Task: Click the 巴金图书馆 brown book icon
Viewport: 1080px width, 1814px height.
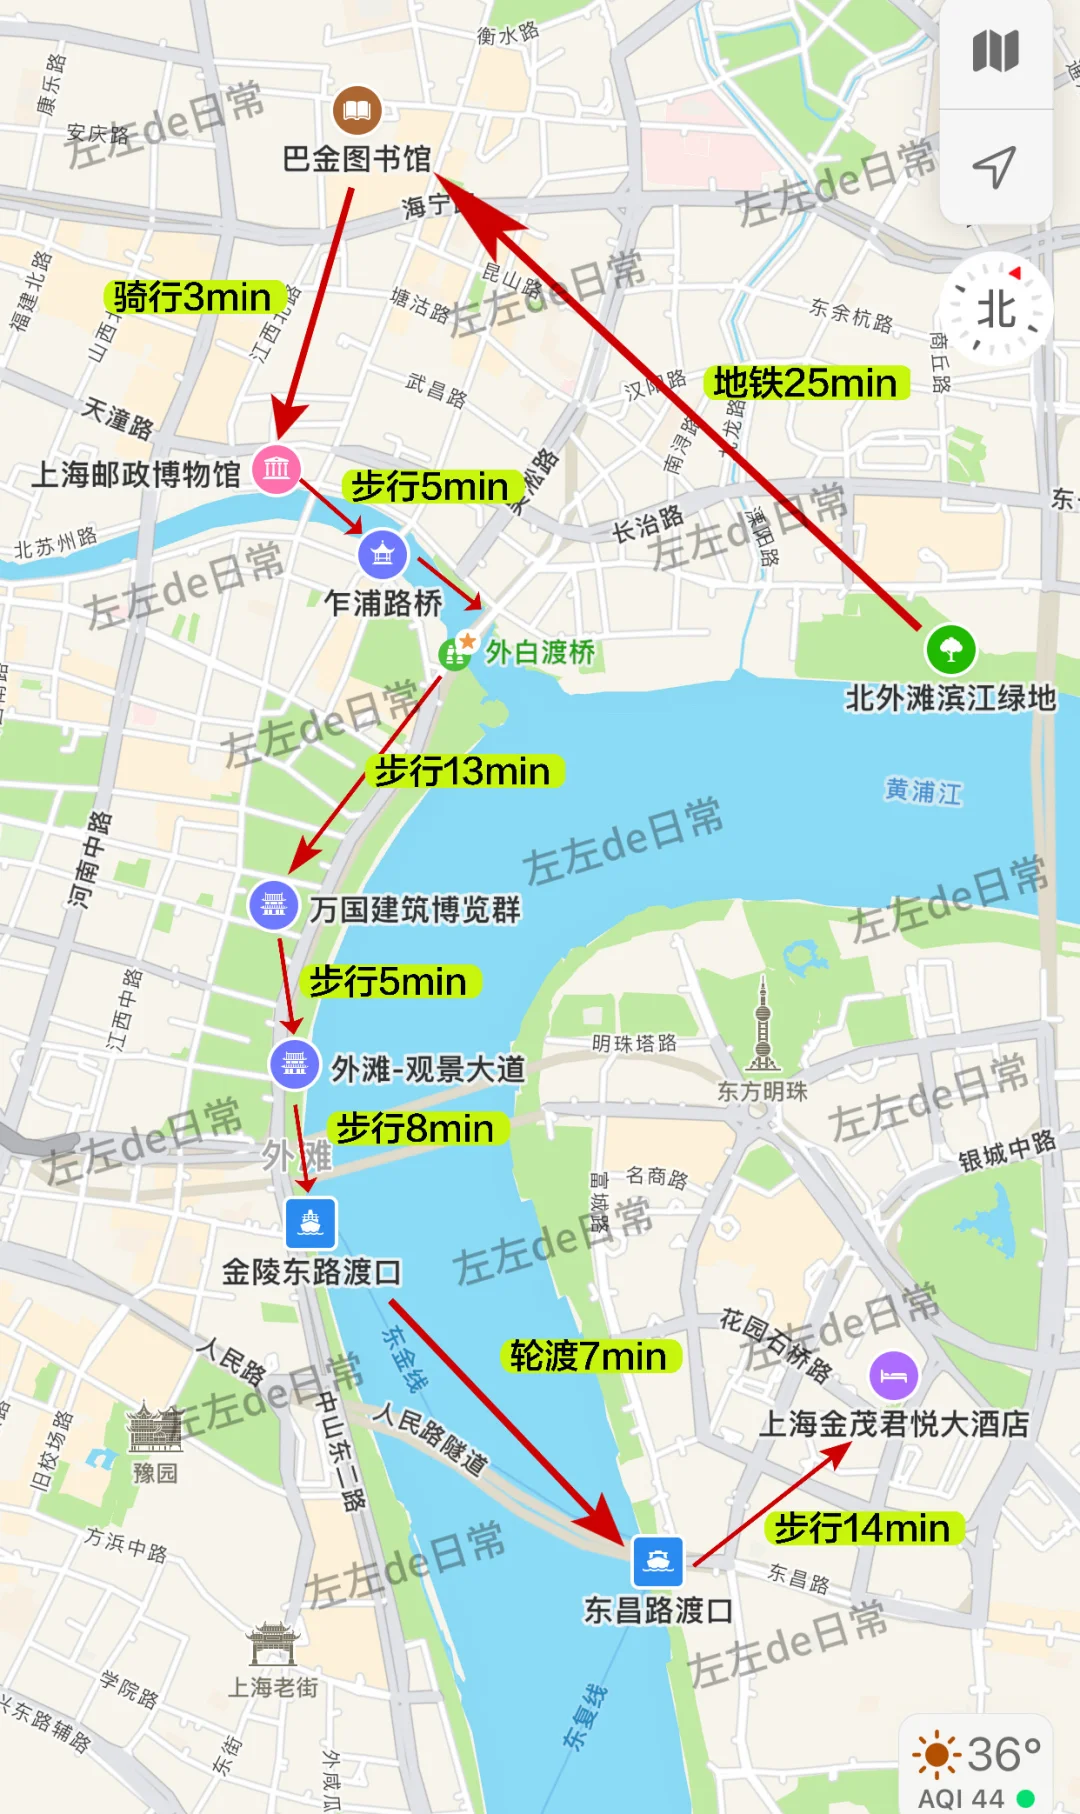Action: (357, 110)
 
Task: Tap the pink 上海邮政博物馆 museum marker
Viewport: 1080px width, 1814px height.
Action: (277, 468)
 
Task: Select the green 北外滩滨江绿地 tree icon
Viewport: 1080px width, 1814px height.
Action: (951, 649)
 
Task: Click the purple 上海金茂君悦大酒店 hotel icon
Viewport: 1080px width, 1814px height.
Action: (893, 1376)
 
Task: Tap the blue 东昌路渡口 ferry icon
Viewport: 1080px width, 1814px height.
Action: (658, 1561)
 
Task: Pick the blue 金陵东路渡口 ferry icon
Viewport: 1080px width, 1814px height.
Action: (310, 1222)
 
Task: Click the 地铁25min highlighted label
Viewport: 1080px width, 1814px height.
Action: (805, 383)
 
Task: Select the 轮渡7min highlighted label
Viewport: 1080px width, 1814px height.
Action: (588, 1356)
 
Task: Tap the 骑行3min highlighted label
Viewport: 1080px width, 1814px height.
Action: (192, 297)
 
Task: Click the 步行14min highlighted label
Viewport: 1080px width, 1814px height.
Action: (862, 1528)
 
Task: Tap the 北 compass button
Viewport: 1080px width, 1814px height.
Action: (996, 309)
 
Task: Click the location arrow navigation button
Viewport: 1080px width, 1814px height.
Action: (995, 167)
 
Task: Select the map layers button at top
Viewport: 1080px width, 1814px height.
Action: (995, 52)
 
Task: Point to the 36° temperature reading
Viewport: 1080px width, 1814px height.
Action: (1003, 1754)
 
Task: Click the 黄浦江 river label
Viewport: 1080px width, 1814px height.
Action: (922, 791)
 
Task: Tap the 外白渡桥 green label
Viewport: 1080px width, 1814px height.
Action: (539, 652)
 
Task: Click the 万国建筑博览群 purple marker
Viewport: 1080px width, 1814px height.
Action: (274, 905)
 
